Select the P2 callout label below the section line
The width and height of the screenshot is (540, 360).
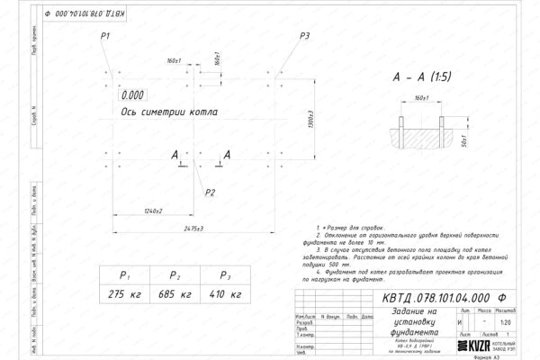[x=210, y=193]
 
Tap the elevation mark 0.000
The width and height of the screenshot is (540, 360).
[x=132, y=94]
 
